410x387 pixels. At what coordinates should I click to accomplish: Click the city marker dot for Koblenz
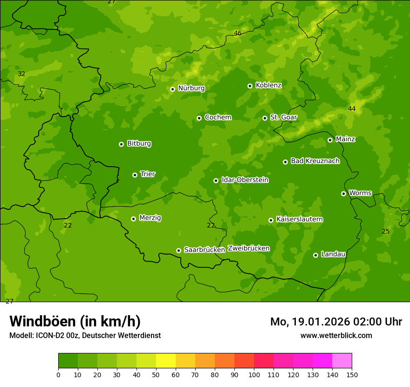click(x=250, y=86)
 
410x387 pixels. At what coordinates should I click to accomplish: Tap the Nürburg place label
click(x=191, y=88)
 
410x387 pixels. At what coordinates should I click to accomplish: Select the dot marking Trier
click(x=135, y=175)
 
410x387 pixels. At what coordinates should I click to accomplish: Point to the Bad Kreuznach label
click(x=315, y=161)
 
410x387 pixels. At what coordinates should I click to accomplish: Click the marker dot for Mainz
click(x=330, y=140)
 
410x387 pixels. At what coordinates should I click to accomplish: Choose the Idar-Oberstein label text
click(x=245, y=180)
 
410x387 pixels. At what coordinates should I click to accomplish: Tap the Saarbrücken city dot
click(x=178, y=250)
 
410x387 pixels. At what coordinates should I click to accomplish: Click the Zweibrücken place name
click(x=248, y=249)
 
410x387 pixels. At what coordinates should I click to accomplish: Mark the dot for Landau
click(x=315, y=255)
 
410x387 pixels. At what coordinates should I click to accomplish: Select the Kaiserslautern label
click(x=300, y=219)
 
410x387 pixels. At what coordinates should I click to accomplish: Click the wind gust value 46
click(x=238, y=33)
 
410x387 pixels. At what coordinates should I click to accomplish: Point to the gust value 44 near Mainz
click(x=352, y=109)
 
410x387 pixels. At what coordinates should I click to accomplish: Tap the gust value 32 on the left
click(x=21, y=74)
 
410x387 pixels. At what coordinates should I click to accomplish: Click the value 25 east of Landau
click(x=385, y=231)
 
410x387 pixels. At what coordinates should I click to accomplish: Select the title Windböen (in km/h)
click(x=75, y=321)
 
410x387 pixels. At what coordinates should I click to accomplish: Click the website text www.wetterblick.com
click(x=336, y=335)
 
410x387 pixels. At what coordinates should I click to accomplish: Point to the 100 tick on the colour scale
click(x=254, y=374)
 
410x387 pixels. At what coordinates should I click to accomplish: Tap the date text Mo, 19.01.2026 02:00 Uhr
click(x=336, y=322)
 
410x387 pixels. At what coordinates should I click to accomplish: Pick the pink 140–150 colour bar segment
click(x=342, y=361)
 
